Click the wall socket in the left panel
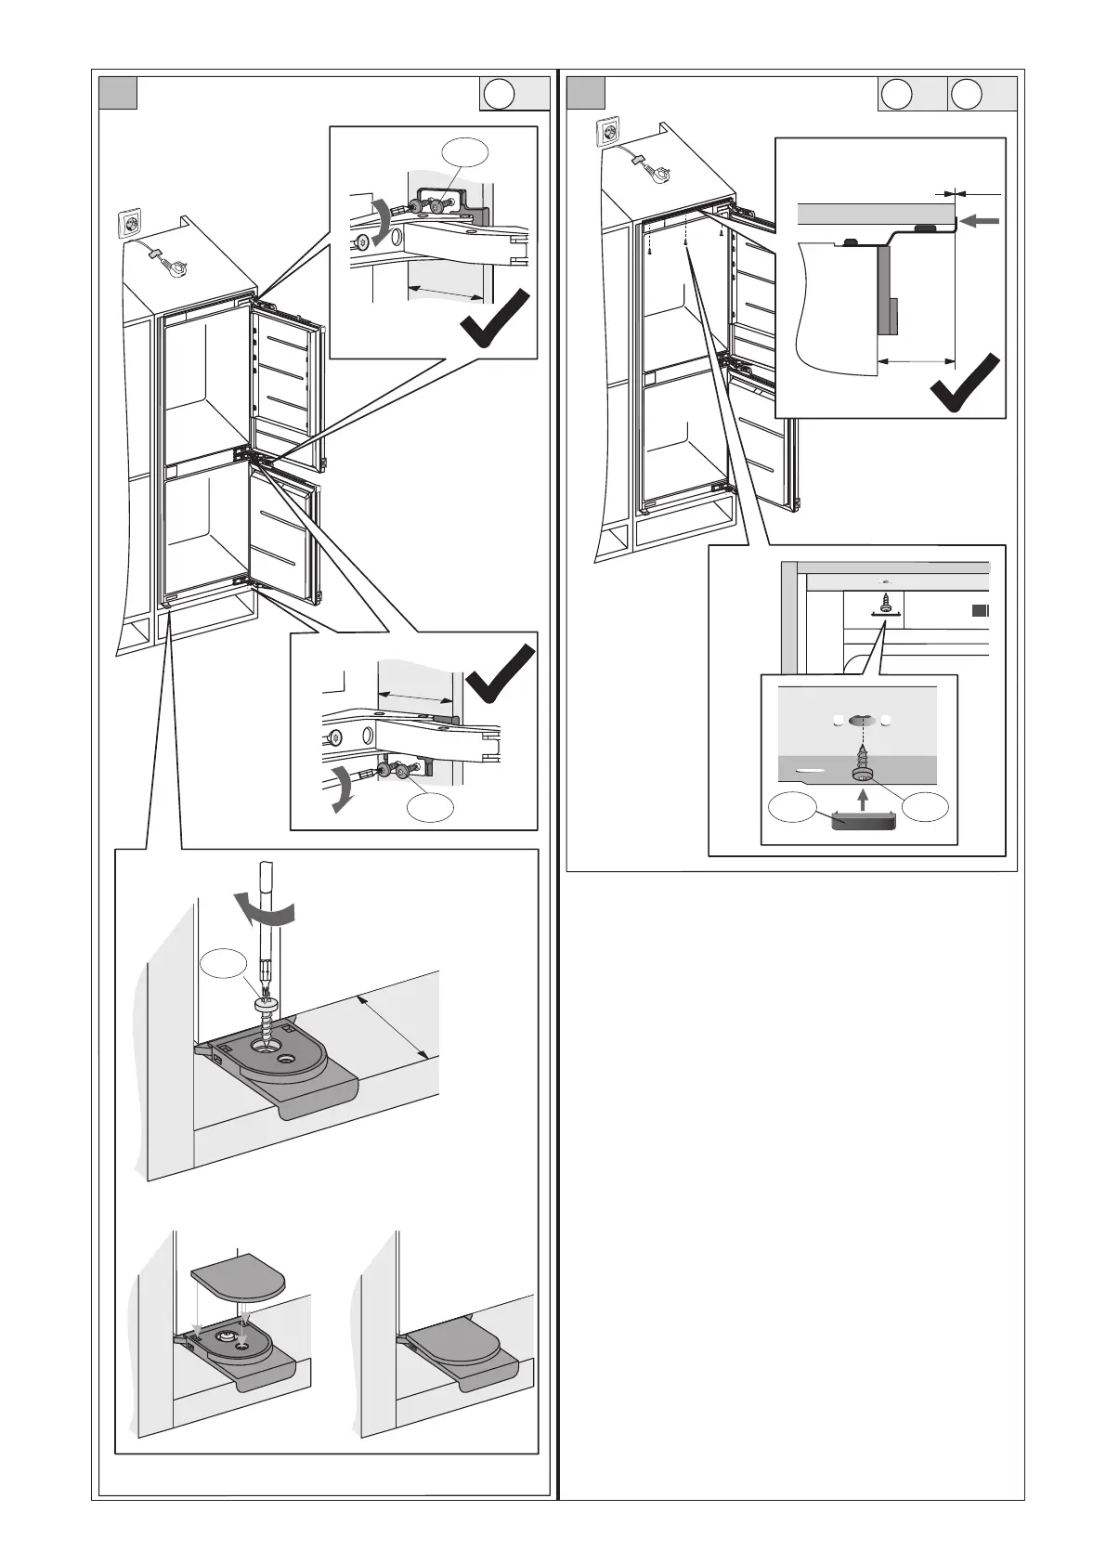pos(131,226)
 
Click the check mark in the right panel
pos(966,383)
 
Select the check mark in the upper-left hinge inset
pos(497,319)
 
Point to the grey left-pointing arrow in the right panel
pos(982,221)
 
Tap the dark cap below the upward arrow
pos(863,821)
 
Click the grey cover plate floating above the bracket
pos(239,1281)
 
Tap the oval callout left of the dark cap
pos(794,808)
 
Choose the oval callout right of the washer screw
pos(926,808)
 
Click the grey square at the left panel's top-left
pos(119,94)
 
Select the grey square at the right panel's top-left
pos(586,94)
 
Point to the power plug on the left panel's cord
pos(170,265)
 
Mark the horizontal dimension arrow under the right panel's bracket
pos(915,360)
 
